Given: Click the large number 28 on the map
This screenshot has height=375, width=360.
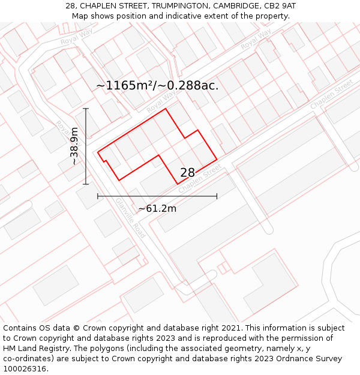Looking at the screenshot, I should [x=188, y=173].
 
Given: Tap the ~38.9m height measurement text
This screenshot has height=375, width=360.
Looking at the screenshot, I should [x=74, y=146].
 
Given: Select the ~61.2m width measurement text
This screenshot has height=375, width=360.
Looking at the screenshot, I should [x=157, y=209].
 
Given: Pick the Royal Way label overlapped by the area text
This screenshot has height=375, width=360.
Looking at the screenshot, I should [x=162, y=102].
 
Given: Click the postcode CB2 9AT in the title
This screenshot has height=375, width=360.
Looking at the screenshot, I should [x=281, y=5].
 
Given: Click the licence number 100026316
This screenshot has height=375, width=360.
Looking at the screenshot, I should [x=24, y=369].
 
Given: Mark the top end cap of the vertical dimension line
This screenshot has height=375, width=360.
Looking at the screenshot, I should [x=86, y=109].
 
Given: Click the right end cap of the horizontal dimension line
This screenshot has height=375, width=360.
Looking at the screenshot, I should [x=217, y=196].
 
